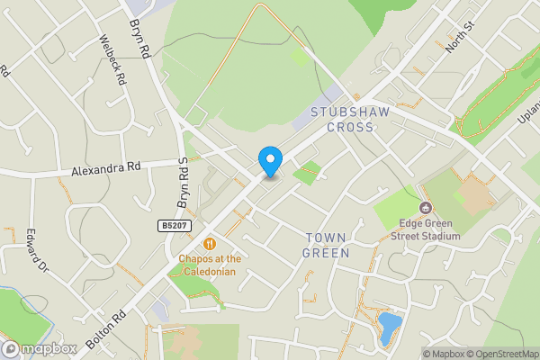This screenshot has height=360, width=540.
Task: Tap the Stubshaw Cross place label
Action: click(x=342, y=120)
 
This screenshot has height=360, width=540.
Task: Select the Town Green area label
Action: click(x=327, y=245)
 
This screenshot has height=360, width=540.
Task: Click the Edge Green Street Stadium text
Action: click(x=426, y=229)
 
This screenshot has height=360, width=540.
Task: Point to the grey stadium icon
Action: click(x=425, y=208)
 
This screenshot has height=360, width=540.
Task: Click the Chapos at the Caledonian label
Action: click(x=206, y=265)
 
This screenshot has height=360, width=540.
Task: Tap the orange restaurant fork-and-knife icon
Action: click(x=209, y=243)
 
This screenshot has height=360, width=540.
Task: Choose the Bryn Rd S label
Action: click(x=181, y=180)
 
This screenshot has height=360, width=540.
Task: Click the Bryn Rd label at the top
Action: click(x=139, y=38)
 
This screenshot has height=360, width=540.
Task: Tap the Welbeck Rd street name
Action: click(x=113, y=58)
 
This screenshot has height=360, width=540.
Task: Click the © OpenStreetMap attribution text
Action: click(x=502, y=354)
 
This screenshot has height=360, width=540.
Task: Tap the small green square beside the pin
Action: click(x=308, y=172)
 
